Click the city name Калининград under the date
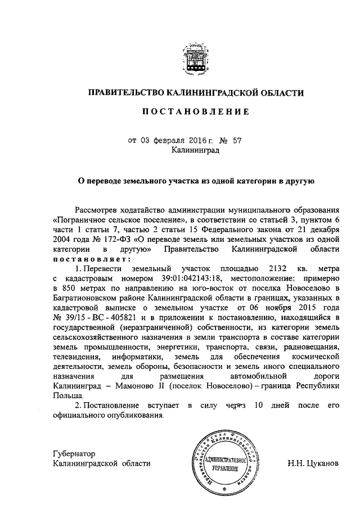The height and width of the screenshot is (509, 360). click(195, 150)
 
